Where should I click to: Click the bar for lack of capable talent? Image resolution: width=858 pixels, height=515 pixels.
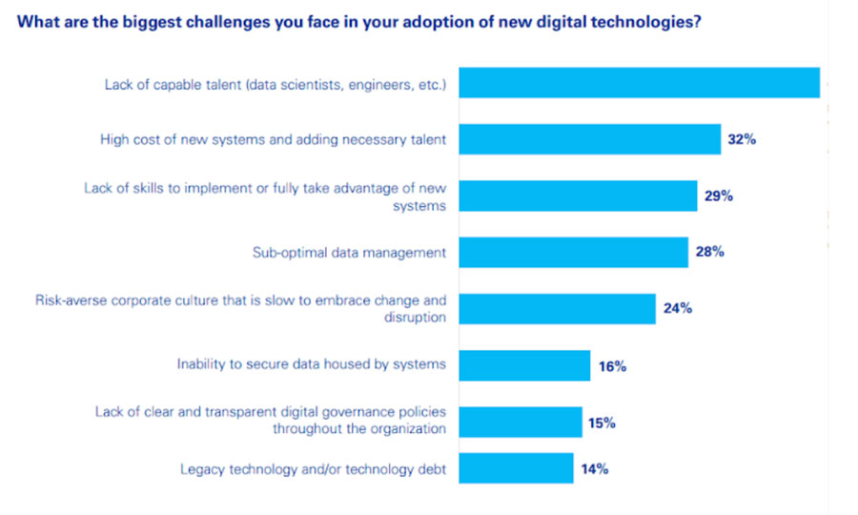pyautogui.click(x=639, y=83)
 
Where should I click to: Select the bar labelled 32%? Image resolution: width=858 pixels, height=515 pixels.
pyautogui.click(x=589, y=139)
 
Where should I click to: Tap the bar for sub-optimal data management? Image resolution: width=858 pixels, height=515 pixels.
pyautogui.click(x=573, y=253)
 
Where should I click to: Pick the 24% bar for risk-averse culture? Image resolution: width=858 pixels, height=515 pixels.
pyautogui.click(x=557, y=309)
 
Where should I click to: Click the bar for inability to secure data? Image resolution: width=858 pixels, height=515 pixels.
pyautogui.click(x=524, y=365)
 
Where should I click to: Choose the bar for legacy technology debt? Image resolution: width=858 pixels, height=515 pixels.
pyautogui.click(x=516, y=469)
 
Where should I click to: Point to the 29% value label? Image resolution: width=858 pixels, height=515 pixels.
pyautogui.click(x=718, y=196)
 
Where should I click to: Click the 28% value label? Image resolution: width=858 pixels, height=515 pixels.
pyautogui.click(x=709, y=253)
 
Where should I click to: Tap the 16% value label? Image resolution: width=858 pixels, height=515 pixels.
pyautogui.click(x=611, y=366)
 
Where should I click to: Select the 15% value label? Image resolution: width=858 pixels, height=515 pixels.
pyautogui.click(x=602, y=422)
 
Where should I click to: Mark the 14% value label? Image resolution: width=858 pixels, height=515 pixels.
pyautogui.click(x=594, y=469)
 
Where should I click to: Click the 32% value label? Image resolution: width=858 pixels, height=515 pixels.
pyautogui.click(x=742, y=139)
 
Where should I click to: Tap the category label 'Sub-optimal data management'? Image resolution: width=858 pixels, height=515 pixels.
pyautogui.click(x=349, y=253)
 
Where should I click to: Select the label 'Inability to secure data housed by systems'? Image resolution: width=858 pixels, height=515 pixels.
pyautogui.click(x=312, y=364)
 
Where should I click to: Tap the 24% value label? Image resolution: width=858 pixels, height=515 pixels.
pyautogui.click(x=677, y=309)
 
